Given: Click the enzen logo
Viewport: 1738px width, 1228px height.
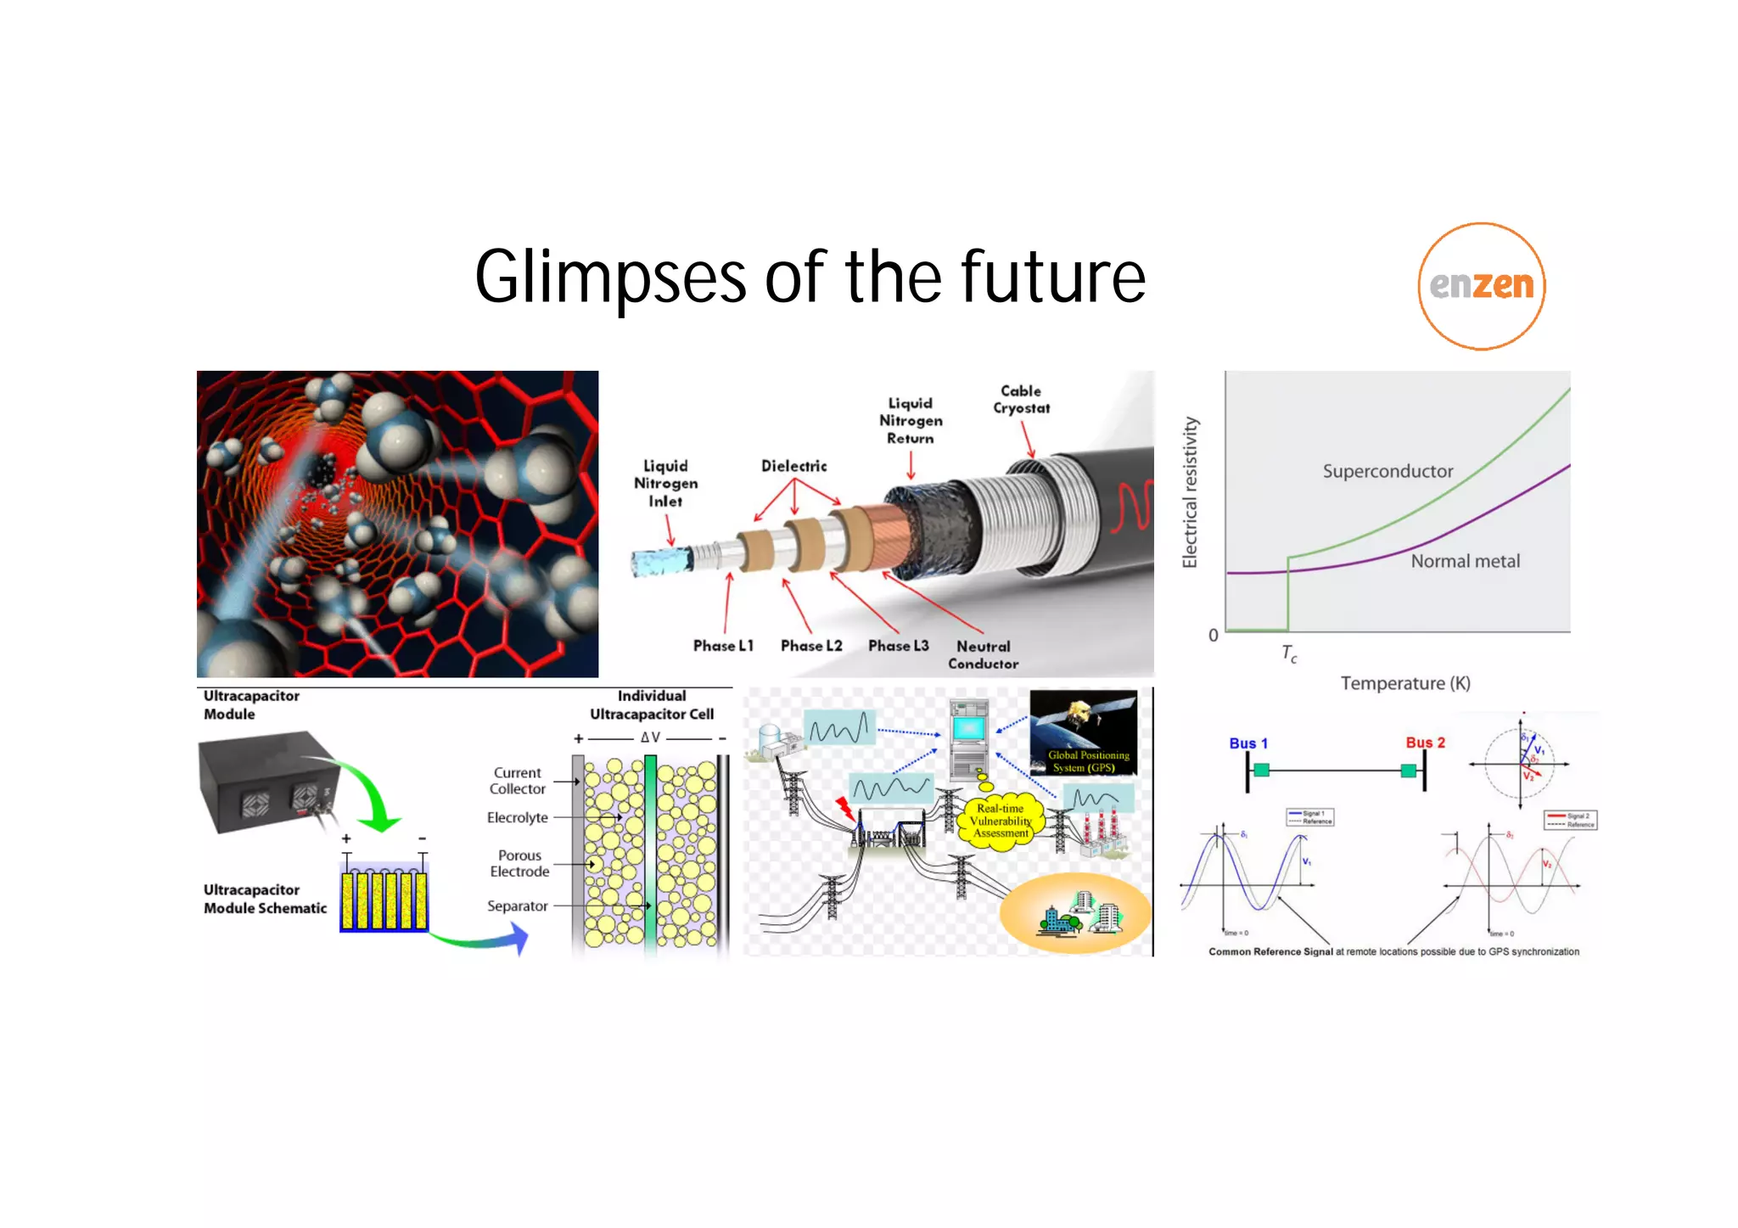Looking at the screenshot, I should pos(1481,286).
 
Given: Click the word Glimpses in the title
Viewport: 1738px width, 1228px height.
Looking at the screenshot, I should pos(609,278).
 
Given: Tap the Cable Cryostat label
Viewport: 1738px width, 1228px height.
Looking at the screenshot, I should pos(1021,400).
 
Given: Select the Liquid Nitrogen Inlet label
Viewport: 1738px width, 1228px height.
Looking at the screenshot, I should pos(665,483).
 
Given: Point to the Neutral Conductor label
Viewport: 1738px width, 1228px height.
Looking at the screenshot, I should pos(983,654).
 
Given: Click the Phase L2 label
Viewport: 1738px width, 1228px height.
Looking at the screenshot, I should pos(811,646).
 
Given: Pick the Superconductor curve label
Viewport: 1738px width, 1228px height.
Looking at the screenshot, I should pos(1388,471).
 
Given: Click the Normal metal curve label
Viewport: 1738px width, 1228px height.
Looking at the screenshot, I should pos(1465,561).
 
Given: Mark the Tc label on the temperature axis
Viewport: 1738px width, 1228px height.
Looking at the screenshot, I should pos(1289,653).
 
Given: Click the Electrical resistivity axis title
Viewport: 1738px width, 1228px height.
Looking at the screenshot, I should pos(1190,492).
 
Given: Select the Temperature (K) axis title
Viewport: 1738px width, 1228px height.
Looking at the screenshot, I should pos(1404,683).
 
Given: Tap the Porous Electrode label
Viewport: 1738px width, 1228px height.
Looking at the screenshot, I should pos(519,863).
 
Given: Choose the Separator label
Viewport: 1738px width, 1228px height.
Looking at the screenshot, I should pos(517,906).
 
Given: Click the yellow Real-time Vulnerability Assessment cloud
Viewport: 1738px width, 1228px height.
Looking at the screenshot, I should pos(1001,821).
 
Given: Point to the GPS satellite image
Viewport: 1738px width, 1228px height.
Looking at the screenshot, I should pos(1083,732).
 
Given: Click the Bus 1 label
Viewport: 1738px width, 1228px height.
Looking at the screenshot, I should pos(1248,743).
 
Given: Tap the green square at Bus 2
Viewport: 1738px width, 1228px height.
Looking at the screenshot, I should pos(1409,771).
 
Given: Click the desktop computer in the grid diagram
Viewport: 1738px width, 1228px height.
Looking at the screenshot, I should pos(969,739).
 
